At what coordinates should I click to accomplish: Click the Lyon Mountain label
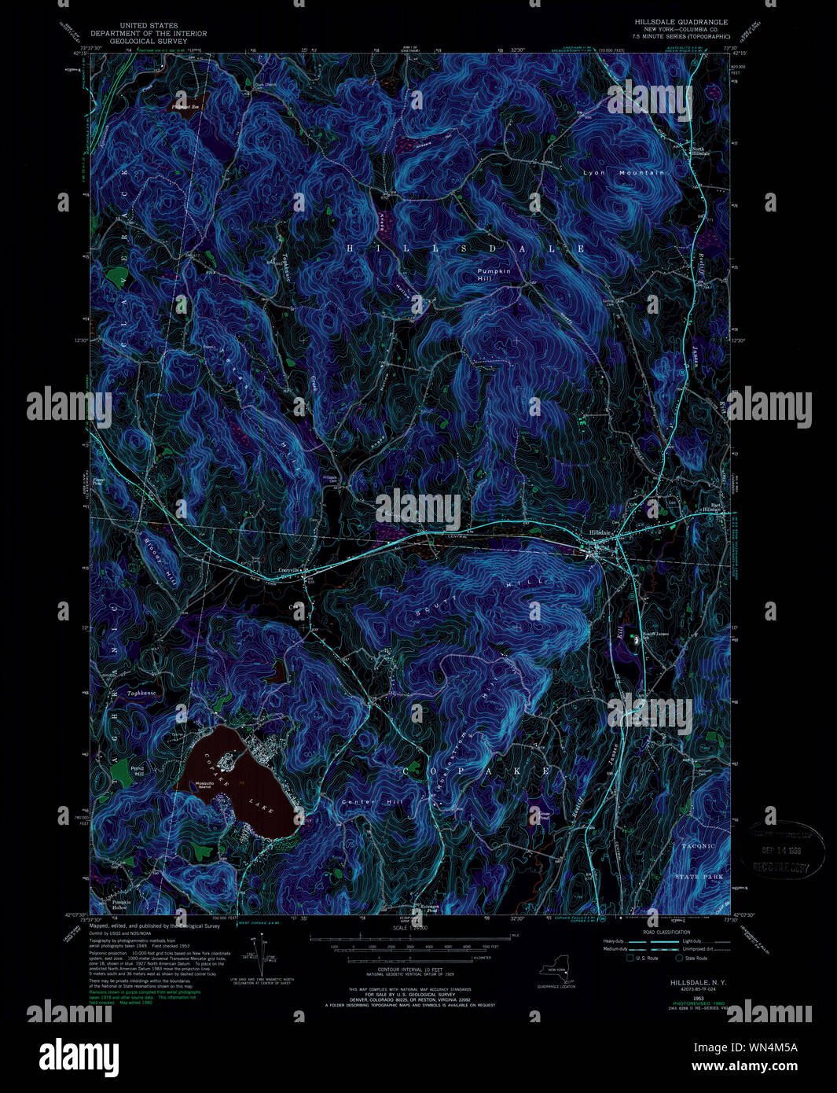623,172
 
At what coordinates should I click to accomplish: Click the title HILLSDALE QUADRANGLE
681,22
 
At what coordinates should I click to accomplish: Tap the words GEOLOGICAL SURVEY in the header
149,41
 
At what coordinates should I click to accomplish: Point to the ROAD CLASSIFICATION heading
666,932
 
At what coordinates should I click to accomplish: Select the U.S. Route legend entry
642,959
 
